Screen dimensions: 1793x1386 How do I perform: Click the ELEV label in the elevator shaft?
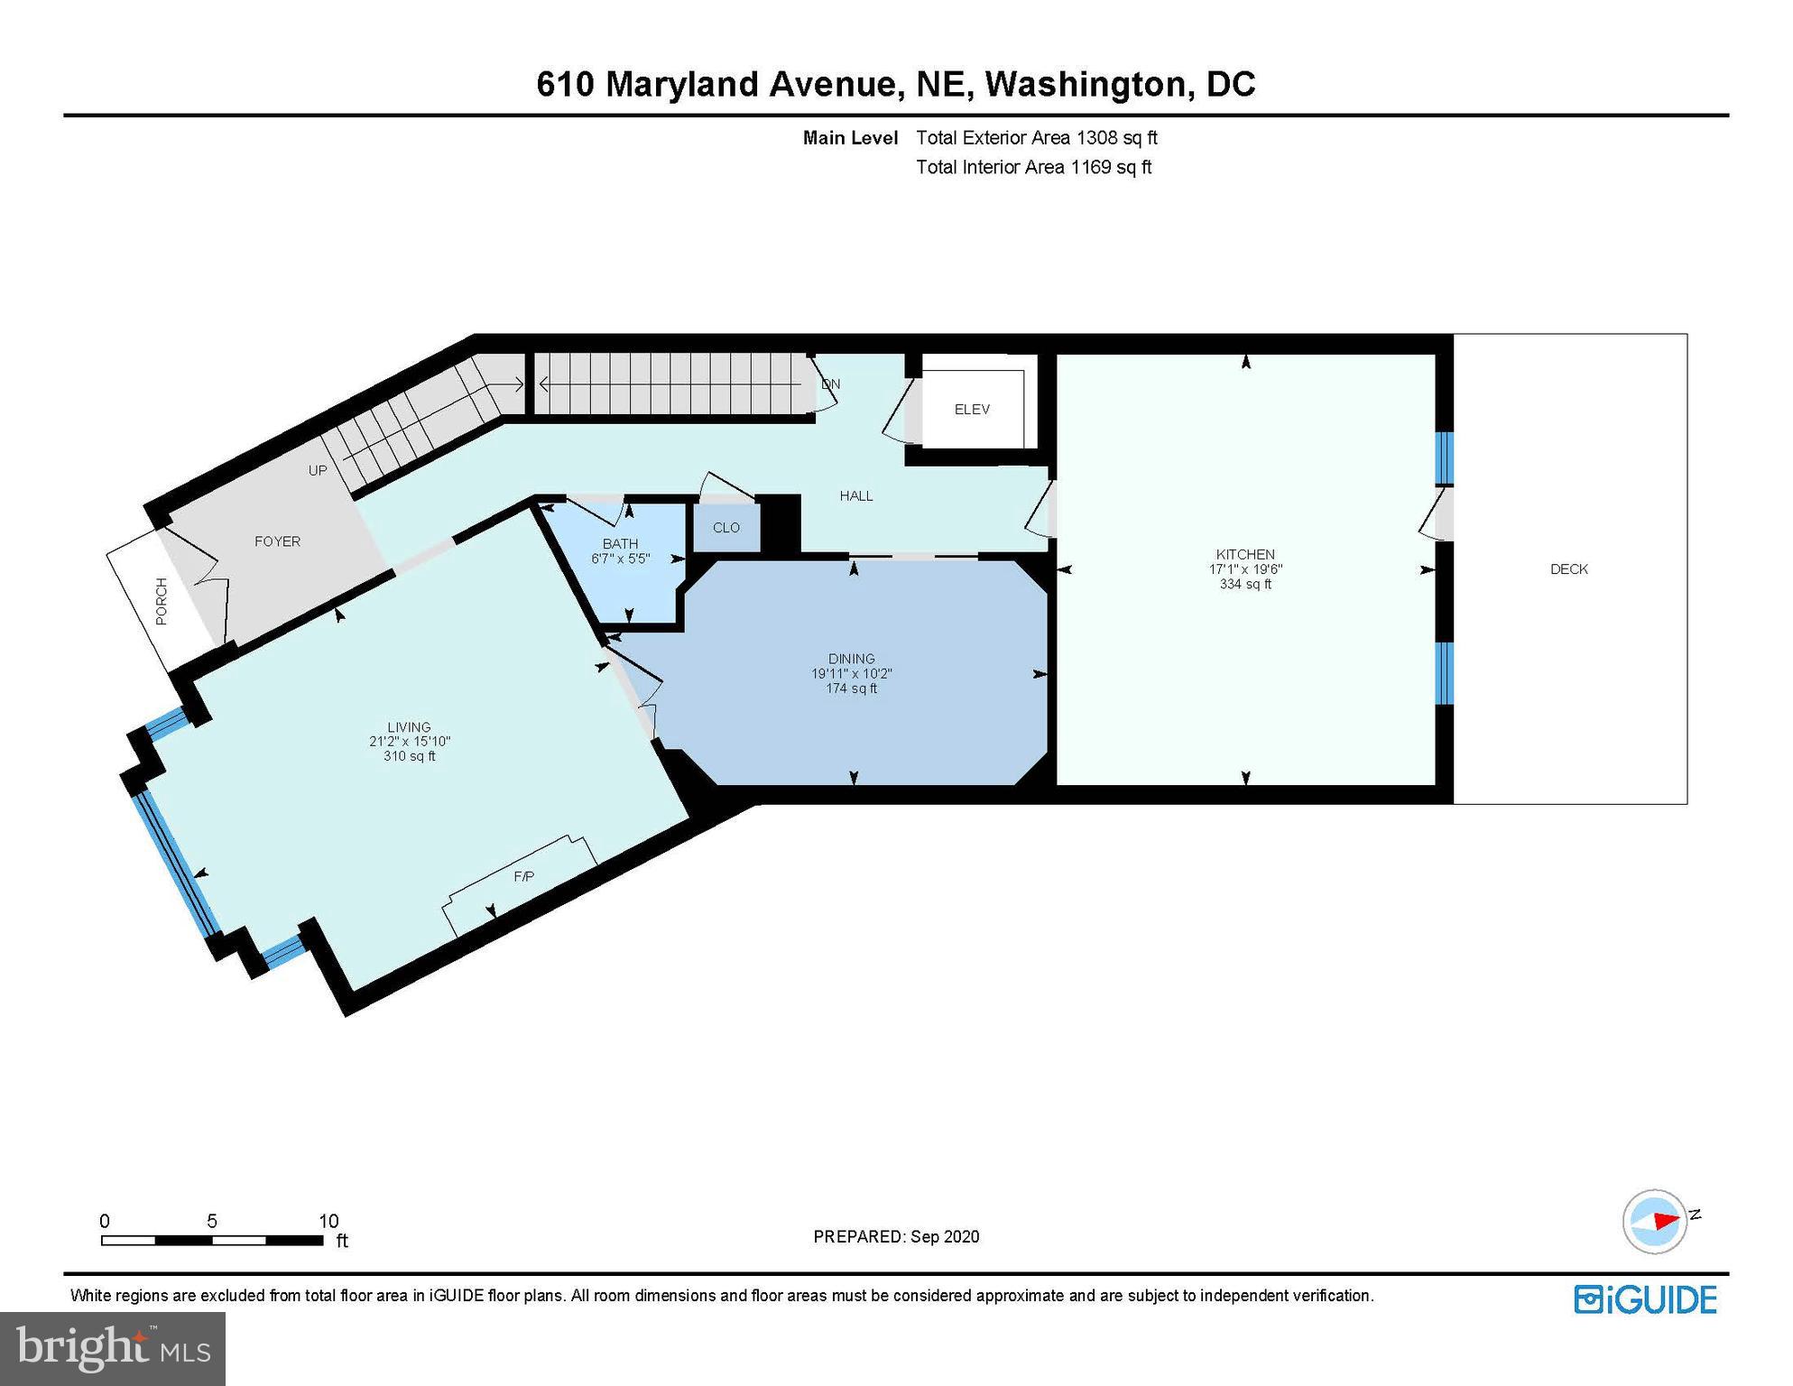click(972, 410)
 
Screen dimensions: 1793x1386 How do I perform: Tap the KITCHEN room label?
click(1245, 554)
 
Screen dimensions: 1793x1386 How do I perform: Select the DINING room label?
click(851, 659)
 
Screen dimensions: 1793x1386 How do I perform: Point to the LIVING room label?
click(409, 727)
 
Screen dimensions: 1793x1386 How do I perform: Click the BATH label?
click(620, 543)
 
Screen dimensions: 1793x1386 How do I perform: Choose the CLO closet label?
click(726, 528)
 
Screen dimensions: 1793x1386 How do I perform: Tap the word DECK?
click(1569, 569)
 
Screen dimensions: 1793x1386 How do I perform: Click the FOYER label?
click(277, 541)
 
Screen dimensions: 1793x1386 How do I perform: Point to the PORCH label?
click(162, 601)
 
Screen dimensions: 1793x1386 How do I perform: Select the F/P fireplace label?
click(523, 876)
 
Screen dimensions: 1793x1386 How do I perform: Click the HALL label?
click(856, 495)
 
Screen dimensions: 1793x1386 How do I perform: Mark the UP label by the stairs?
click(318, 471)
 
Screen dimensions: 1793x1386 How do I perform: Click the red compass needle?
click(1665, 1221)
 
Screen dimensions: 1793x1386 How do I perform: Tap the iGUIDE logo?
click(1646, 1299)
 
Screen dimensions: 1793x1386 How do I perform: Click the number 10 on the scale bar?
click(328, 1221)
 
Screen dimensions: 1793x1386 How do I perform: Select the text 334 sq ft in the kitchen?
click(1245, 584)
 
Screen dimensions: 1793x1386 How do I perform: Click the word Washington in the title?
click(1083, 85)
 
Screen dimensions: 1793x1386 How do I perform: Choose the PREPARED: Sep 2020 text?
click(896, 1236)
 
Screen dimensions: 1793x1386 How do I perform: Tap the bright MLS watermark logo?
click(113, 1347)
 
